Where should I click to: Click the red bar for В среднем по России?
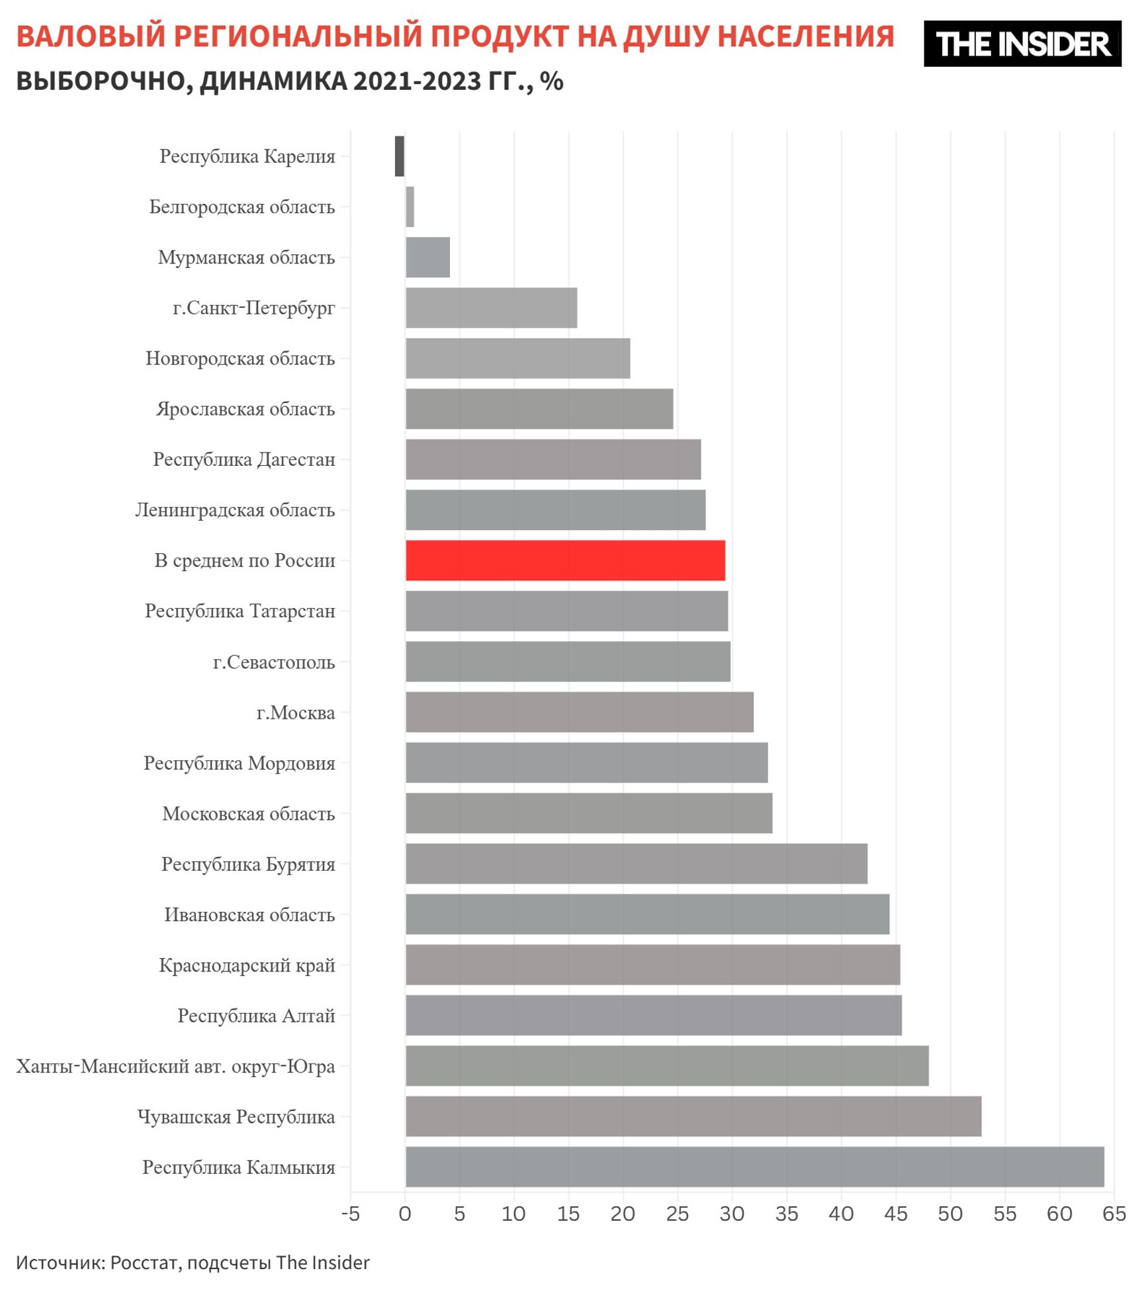pyautogui.click(x=565, y=560)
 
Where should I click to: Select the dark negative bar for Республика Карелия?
pyautogui.click(x=400, y=156)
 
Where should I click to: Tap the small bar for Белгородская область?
pyautogui.click(x=410, y=206)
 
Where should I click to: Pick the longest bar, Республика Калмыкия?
pyautogui.click(x=754, y=1167)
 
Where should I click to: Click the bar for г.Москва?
pyautogui.click(x=579, y=712)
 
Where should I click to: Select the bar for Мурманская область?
pyautogui.click(x=427, y=257)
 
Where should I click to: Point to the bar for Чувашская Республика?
pyautogui.click(x=693, y=1116)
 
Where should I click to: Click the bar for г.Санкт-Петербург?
pyautogui.click(x=491, y=308)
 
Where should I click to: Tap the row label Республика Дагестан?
pyautogui.click(x=244, y=459)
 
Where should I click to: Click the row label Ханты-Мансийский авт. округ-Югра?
pyautogui.click(x=175, y=1066)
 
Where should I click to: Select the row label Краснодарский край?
pyautogui.click(x=247, y=965)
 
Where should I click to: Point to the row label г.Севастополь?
pyautogui.click(x=274, y=662)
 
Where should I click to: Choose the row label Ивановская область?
pyautogui.click(x=249, y=914)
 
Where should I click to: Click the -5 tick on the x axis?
pyautogui.click(x=350, y=1214)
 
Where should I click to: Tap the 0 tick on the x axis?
pyautogui.click(x=405, y=1214)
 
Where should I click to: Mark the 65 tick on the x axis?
pyautogui.click(x=1114, y=1214)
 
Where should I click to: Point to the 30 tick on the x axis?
pyautogui.click(x=732, y=1214)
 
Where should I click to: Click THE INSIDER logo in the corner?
pyautogui.click(x=1022, y=44)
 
